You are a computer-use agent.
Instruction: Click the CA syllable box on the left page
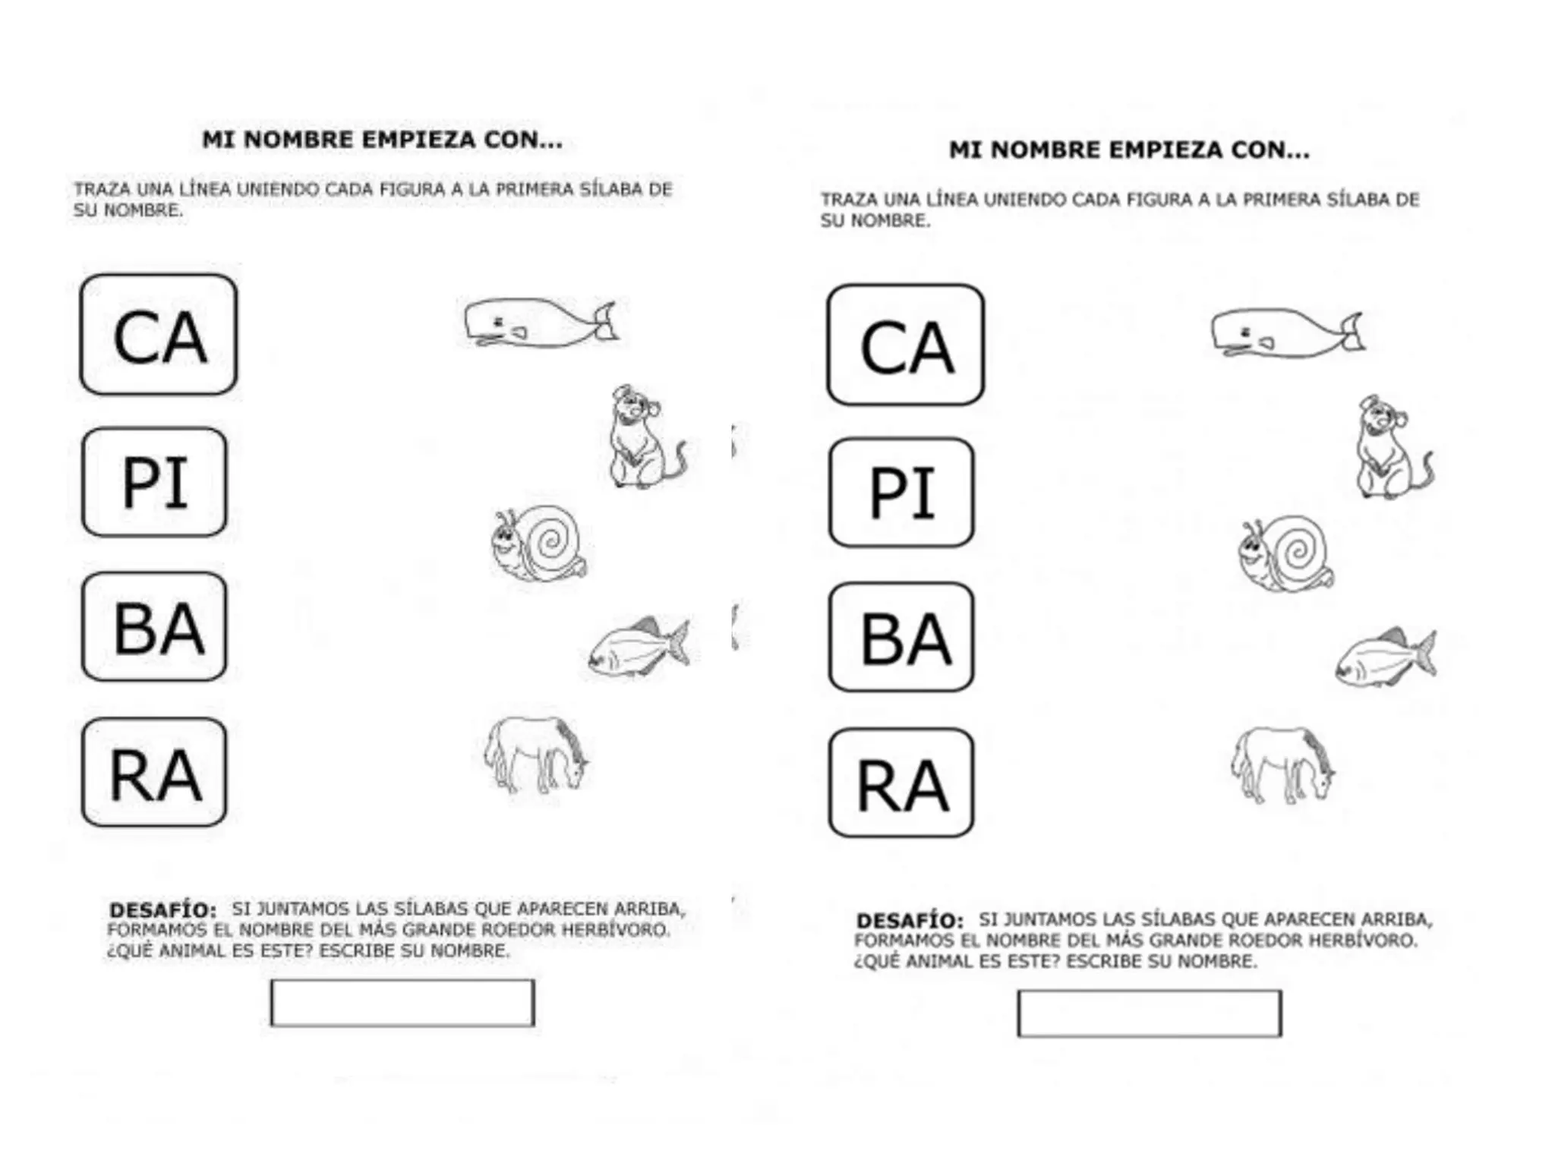pyautogui.click(x=158, y=335)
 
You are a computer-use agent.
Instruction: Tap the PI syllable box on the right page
pyautogui.click(x=901, y=493)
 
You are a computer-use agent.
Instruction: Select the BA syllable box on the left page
pyautogui.click(x=154, y=627)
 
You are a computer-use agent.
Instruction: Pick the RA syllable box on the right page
pyautogui.click(x=901, y=783)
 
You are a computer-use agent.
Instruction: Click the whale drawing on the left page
pyautogui.click(x=539, y=323)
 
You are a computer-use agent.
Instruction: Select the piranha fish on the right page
pyautogui.click(x=1385, y=657)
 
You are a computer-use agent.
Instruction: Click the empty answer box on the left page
pyautogui.click(x=402, y=1003)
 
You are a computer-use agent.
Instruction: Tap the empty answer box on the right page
pyautogui.click(x=1149, y=1013)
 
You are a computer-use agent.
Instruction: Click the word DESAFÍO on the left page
pyautogui.click(x=162, y=909)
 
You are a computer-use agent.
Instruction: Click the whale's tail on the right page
pyautogui.click(x=1352, y=332)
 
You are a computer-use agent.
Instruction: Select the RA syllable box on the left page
pyautogui.click(x=154, y=773)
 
